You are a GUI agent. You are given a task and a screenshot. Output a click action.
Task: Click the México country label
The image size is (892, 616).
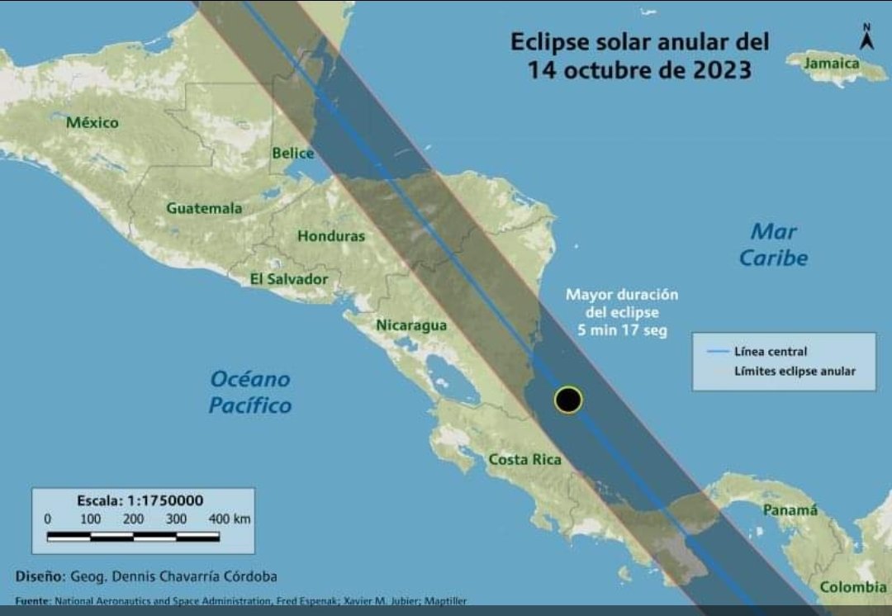pos(93,123)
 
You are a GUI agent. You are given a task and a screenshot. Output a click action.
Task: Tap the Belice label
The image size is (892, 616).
pos(293,153)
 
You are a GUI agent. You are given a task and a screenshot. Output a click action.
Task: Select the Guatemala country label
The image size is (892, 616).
pos(205,208)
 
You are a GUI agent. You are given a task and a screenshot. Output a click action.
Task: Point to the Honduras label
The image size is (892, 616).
pos(330,236)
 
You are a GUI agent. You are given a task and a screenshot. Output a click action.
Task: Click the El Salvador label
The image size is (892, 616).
pos(289,279)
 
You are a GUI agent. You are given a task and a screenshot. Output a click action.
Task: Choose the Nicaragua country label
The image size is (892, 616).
pos(411,325)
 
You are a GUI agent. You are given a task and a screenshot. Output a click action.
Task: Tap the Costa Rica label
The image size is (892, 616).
pos(524,460)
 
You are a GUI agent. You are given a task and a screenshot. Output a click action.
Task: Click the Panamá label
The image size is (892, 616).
pos(790,510)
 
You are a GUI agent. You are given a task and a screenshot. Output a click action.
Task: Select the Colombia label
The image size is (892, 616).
pos(853,587)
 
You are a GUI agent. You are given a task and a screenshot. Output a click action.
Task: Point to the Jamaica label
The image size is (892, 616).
pos(833,64)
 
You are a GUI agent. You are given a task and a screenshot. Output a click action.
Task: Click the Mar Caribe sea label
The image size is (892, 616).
pos(774,244)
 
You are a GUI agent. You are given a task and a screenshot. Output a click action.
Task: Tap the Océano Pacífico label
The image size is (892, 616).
pos(250,392)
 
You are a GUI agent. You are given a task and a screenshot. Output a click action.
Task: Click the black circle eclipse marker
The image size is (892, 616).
pos(567,400)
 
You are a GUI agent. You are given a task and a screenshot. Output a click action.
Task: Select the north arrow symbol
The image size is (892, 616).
pos(866,37)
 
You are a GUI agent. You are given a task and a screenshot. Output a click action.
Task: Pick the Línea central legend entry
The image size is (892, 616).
pos(770,352)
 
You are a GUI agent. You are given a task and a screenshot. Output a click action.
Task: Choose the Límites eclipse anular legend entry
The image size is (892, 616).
pos(794,372)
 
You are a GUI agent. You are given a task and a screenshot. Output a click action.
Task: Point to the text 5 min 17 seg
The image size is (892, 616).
pos(623,330)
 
